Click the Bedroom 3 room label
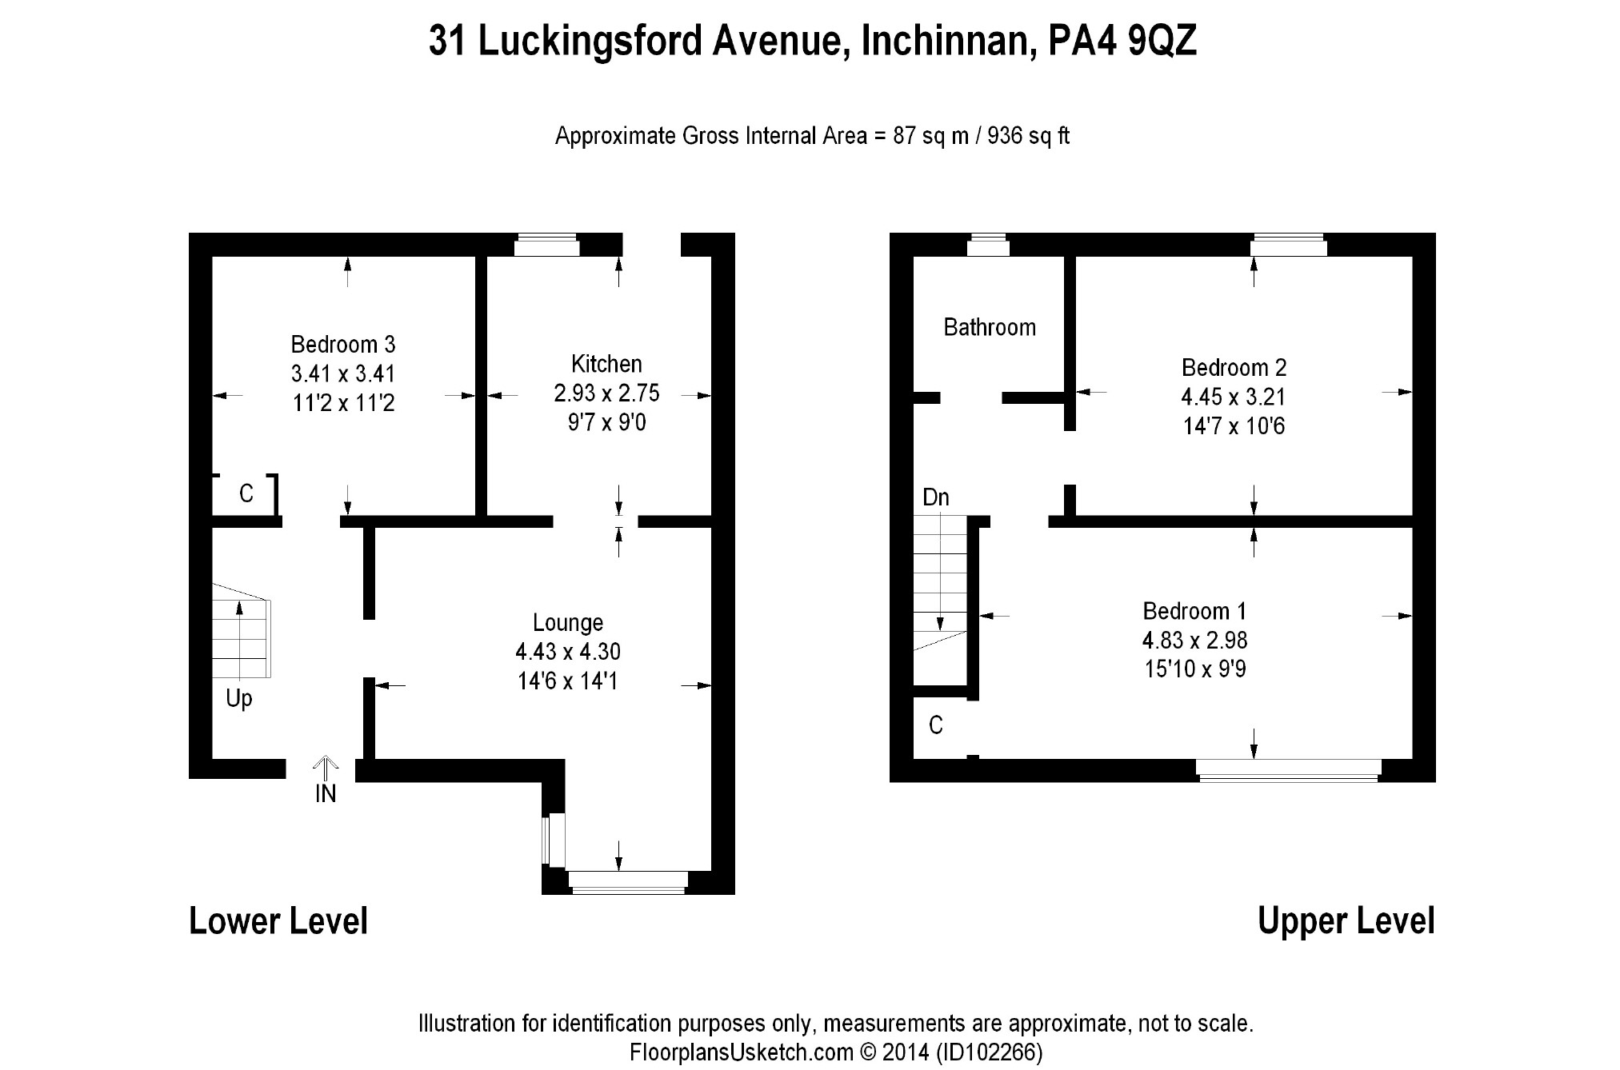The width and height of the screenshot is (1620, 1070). tap(342, 345)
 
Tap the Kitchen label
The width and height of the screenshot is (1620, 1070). tap(606, 364)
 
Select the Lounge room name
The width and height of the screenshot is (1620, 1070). tap(568, 622)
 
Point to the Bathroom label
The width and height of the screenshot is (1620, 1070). tap(990, 327)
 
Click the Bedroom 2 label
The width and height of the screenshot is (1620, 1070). tap(1234, 368)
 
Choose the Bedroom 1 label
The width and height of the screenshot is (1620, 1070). tap(1194, 611)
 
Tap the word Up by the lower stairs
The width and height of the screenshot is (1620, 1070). tap(238, 698)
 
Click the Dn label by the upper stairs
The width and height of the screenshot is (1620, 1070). tap(935, 497)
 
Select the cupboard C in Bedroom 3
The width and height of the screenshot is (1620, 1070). tap(246, 494)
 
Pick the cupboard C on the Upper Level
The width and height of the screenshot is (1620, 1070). tap(935, 725)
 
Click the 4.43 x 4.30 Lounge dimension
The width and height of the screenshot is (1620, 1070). tap(568, 652)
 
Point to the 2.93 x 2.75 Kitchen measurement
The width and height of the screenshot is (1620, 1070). tap(606, 393)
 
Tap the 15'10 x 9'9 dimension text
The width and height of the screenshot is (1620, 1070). tap(1194, 669)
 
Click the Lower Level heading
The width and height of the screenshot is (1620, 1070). tap(278, 921)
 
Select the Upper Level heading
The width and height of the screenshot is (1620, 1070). tap(1346, 921)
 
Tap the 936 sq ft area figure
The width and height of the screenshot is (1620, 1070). tap(1028, 136)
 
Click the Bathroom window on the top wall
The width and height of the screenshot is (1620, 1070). tap(988, 245)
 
